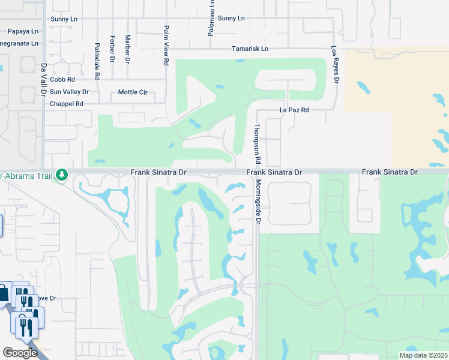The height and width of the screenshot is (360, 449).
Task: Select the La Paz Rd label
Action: tap(294, 110)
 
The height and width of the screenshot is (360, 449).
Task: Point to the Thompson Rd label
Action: tap(257, 144)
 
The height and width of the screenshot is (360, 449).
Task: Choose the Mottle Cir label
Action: tap(133, 92)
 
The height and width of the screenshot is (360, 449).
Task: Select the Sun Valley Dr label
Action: tap(69, 92)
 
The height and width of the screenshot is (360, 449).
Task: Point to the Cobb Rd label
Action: tap(62, 79)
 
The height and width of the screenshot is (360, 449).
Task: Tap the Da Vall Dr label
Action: tap(43, 80)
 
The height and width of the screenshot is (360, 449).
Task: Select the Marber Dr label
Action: tap(128, 49)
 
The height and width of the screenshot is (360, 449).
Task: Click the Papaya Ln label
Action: tap(23, 31)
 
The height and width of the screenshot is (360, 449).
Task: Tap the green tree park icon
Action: tap(61, 175)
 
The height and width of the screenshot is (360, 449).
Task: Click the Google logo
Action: tap(19, 353)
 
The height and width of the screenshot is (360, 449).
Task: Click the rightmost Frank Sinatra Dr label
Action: tap(389, 172)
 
